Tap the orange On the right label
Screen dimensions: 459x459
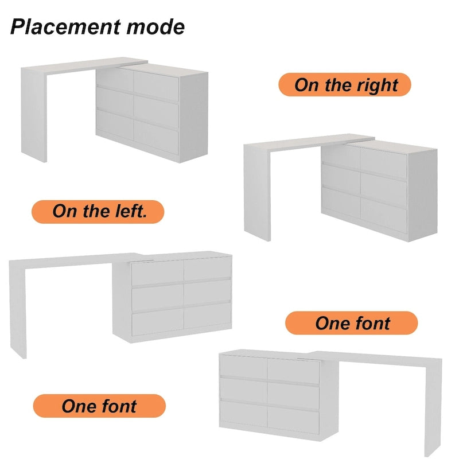pos(345,85)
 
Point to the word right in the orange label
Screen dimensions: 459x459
pos(377,85)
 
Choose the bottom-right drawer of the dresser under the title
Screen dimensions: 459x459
pos(155,133)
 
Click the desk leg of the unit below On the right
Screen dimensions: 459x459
pos(257,192)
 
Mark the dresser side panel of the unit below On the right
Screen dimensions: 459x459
pos(422,195)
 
